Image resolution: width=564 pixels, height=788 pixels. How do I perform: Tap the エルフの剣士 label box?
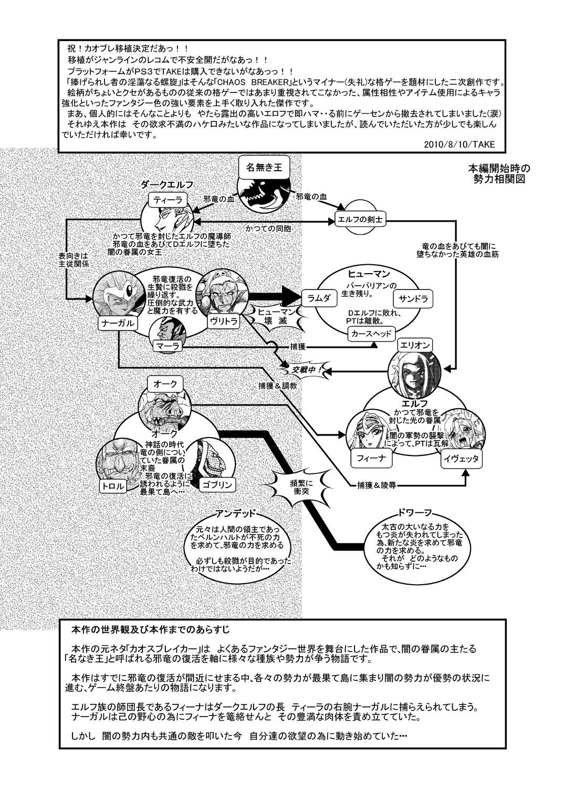pyautogui.click(x=360, y=221)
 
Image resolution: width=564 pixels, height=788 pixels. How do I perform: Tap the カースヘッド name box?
pyautogui.click(x=370, y=333)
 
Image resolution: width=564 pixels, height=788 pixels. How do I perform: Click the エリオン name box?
pyautogui.click(x=415, y=345)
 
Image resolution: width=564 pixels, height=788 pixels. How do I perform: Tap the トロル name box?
pyautogui.click(x=116, y=486)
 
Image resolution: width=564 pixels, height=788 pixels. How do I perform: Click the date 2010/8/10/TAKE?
pyautogui.click(x=461, y=144)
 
